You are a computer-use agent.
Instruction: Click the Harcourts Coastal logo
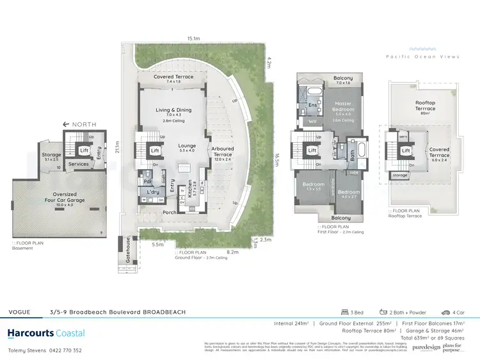pos(45,333)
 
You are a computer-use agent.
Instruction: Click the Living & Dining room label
pos(173,110)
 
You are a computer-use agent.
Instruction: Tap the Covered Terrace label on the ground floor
pos(173,79)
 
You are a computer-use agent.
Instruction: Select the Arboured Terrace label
pos(222,152)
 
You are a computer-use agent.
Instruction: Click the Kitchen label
pos(191,191)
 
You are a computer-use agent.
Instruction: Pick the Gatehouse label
pos(127,250)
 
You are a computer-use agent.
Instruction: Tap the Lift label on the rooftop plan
pos(406,152)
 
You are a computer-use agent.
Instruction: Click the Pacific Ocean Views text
pos(422,57)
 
